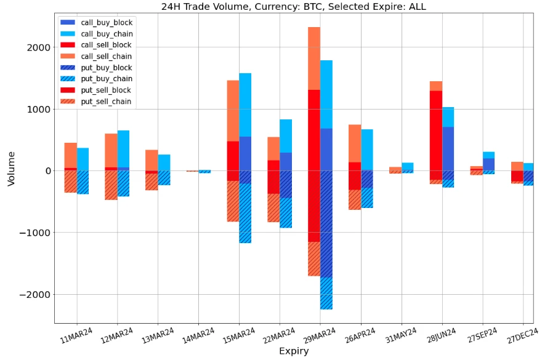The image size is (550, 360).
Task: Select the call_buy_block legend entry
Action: [x=107, y=22]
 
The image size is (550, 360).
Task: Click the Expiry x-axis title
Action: [x=293, y=351]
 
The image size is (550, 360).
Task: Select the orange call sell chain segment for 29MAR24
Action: [x=313, y=58]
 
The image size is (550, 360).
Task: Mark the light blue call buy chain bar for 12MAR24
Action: [x=123, y=148]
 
